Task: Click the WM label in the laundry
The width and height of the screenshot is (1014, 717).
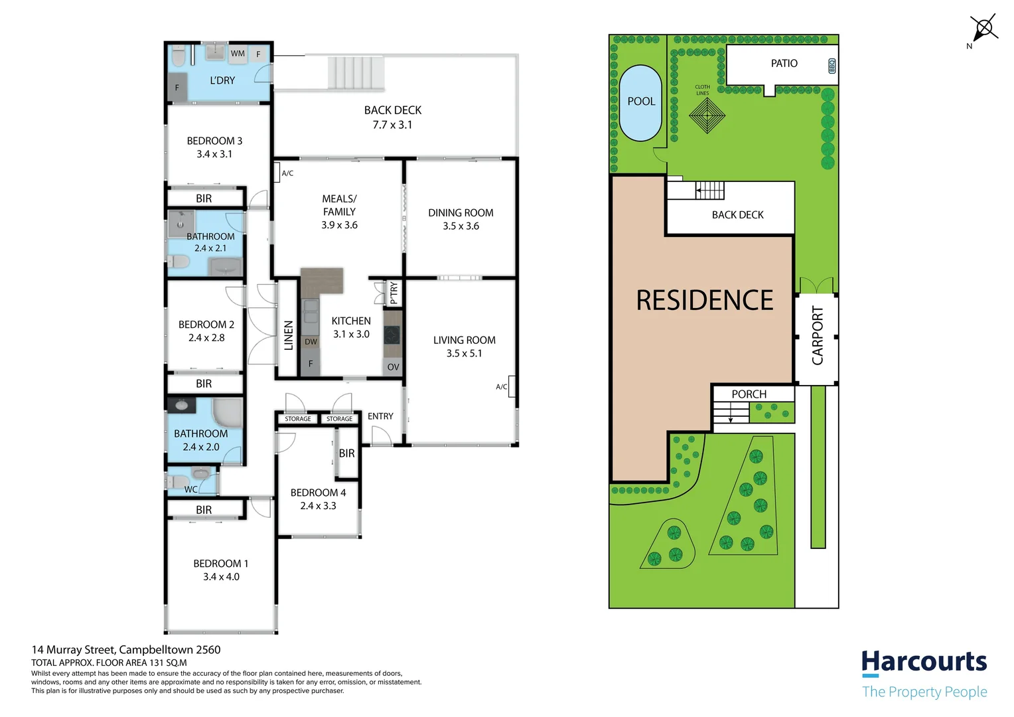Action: (x=238, y=54)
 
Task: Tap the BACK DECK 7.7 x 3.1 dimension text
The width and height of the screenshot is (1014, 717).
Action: (x=392, y=125)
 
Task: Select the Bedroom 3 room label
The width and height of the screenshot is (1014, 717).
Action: (x=214, y=141)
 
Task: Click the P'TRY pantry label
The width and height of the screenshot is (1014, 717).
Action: (x=394, y=293)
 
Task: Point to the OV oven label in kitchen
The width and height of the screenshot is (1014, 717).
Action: (x=394, y=367)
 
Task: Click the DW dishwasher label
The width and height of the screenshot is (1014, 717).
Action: (x=311, y=342)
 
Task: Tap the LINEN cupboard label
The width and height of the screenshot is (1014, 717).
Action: (x=289, y=336)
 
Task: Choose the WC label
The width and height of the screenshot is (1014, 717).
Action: (x=190, y=490)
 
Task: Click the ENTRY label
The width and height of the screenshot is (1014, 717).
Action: (x=380, y=416)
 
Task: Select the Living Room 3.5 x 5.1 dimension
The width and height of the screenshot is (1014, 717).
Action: (x=464, y=353)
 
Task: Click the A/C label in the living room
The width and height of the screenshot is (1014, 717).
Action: (x=502, y=387)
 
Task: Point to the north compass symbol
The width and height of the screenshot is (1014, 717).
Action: (x=983, y=30)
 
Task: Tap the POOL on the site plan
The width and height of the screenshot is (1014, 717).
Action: (x=641, y=102)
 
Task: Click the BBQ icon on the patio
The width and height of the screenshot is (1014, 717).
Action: (x=832, y=66)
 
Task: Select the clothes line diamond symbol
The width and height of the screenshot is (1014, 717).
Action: (x=707, y=116)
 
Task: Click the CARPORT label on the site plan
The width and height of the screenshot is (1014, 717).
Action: (x=818, y=335)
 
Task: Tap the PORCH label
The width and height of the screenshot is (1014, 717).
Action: (x=749, y=394)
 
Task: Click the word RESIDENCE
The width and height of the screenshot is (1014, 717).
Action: (x=704, y=300)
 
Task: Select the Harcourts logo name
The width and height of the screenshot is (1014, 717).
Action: (x=924, y=662)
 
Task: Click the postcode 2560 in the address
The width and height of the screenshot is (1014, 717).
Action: (x=208, y=649)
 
